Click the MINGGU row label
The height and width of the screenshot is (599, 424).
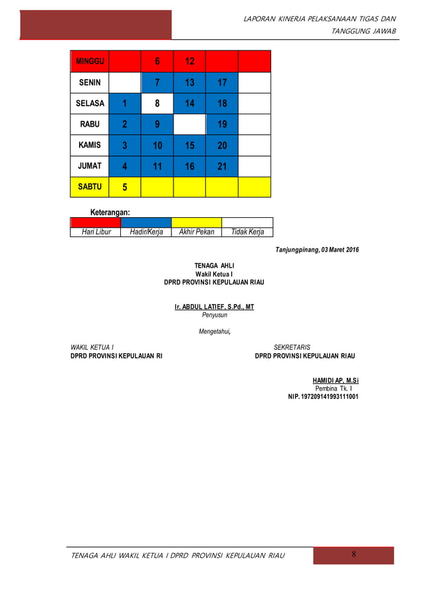[x=90, y=61]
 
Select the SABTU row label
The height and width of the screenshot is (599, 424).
[x=90, y=187]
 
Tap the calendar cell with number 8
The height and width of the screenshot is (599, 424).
[x=158, y=104]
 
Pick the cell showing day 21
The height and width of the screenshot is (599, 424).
[x=222, y=166]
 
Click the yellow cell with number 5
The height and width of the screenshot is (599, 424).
[x=125, y=187]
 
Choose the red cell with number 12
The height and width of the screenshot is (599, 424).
[x=189, y=61]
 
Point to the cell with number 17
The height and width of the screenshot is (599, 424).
[x=222, y=82]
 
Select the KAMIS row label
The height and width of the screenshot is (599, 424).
[x=90, y=145]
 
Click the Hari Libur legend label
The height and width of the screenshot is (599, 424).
[x=96, y=232]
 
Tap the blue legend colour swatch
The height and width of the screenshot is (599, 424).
[x=146, y=222]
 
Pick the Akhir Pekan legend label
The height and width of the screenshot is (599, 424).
[x=197, y=232]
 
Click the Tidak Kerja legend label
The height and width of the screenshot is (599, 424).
[x=247, y=232]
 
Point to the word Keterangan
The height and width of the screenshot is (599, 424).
[x=110, y=212]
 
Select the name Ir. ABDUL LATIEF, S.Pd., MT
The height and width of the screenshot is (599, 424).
[x=214, y=307]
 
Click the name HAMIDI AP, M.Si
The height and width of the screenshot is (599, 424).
[x=336, y=381]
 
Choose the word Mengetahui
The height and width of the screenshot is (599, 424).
[x=215, y=331]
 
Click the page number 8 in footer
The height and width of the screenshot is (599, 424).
[x=354, y=555]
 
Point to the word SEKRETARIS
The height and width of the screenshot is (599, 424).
[x=292, y=347]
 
